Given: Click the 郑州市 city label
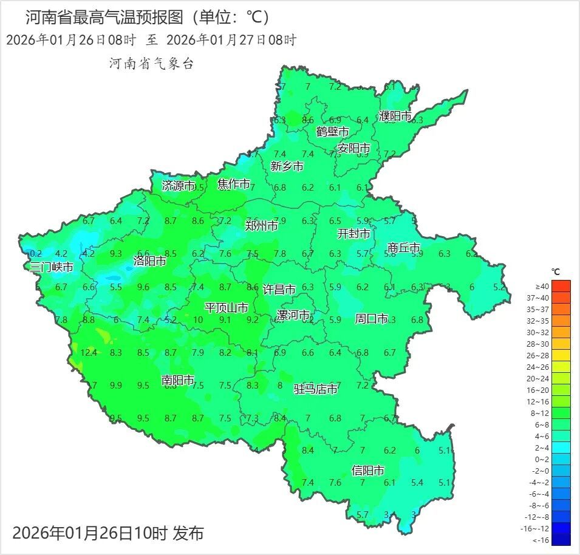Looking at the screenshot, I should (262, 226).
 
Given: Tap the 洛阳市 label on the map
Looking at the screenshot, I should (150, 262).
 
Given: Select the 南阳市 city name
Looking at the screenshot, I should (178, 381).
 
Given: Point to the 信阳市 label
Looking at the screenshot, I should (368, 471).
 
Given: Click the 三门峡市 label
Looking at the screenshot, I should (52, 267).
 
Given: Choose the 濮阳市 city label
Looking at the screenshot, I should (395, 115).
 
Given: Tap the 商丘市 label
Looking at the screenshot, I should (404, 248).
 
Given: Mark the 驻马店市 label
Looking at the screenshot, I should (316, 389).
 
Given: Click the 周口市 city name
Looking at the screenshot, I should (371, 319).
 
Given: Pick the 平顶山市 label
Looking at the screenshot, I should (226, 308).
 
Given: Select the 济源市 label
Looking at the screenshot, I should (179, 186).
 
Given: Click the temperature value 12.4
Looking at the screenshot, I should (89, 352).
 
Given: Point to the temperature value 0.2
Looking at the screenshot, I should (36, 254).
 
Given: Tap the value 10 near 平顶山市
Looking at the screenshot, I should (198, 320).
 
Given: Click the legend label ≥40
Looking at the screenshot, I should (542, 286).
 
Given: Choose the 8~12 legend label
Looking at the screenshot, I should (542, 413).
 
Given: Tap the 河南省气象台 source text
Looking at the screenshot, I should (151, 64).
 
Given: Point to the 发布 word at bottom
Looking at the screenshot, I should (188, 533).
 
